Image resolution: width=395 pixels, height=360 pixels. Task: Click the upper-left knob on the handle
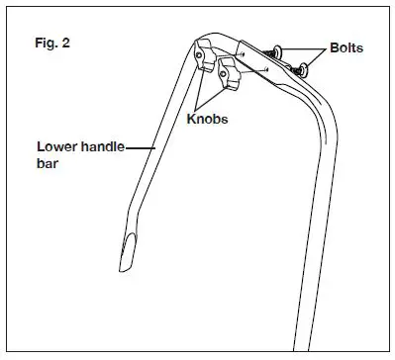[207, 54]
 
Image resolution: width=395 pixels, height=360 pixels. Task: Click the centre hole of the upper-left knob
[205, 52]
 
